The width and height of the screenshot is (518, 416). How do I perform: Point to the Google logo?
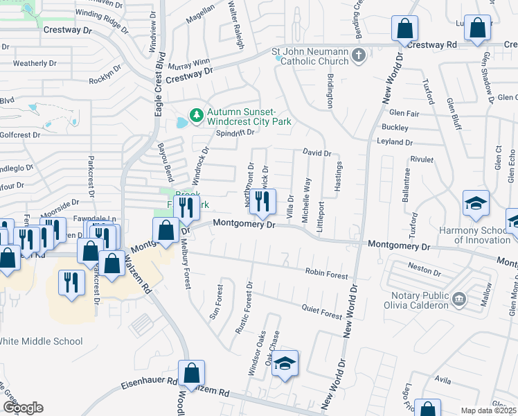[22, 407]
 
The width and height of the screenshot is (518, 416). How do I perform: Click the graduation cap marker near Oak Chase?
[284, 364]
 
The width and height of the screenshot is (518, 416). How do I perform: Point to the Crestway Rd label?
[432, 44]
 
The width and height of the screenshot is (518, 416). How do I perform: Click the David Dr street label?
[317, 152]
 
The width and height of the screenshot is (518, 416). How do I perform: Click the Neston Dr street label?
[425, 266]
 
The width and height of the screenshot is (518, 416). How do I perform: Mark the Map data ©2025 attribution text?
[488, 410]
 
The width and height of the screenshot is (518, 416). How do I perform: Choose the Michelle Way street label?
[305, 200]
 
